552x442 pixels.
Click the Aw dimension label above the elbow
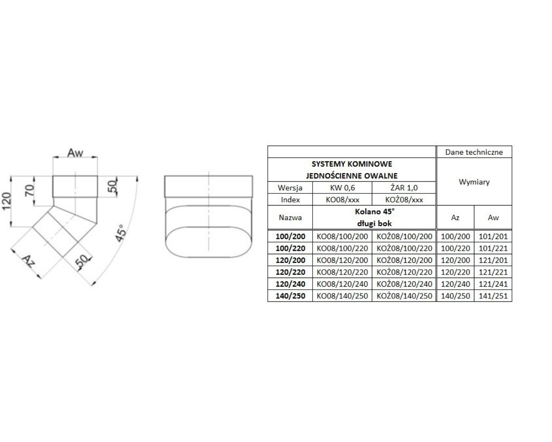pyautogui.click(x=75, y=153)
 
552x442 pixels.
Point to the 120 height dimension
pyautogui.click(x=7, y=201)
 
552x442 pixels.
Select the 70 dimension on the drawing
pyautogui.click(x=30, y=190)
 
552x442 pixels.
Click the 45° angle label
pyautogui.click(x=121, y=233)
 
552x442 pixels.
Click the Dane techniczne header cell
pyautogui.click(x=474, y=152)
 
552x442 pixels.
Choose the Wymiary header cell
pyautogui.click(x=474, y=182)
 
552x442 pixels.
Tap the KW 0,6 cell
pyautogui.click(x=342, y=188)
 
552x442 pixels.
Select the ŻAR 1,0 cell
pyautogui.click(x=404, y=188)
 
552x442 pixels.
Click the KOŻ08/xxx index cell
pyautogui.click(x=404, y=200)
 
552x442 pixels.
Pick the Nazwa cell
pyautogui.click(x=290, y=218)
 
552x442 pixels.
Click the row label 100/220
pyautogui.click(x=290, y=248)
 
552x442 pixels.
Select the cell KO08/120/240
pyautogui.click(x=342, y=284)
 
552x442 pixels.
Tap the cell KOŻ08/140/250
pyautogui.click(x=404, y=296)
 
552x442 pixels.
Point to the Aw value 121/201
pyautogui.click(x=493, y=260)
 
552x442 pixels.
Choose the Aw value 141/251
pyautogui.click(x=493, y=296)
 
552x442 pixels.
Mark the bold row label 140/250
pyautogui.click(x=290, y=296)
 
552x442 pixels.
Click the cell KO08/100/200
pyautogui.click(x=342, y=236)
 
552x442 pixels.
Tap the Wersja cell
pyautogui.click(x=290, y=188)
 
